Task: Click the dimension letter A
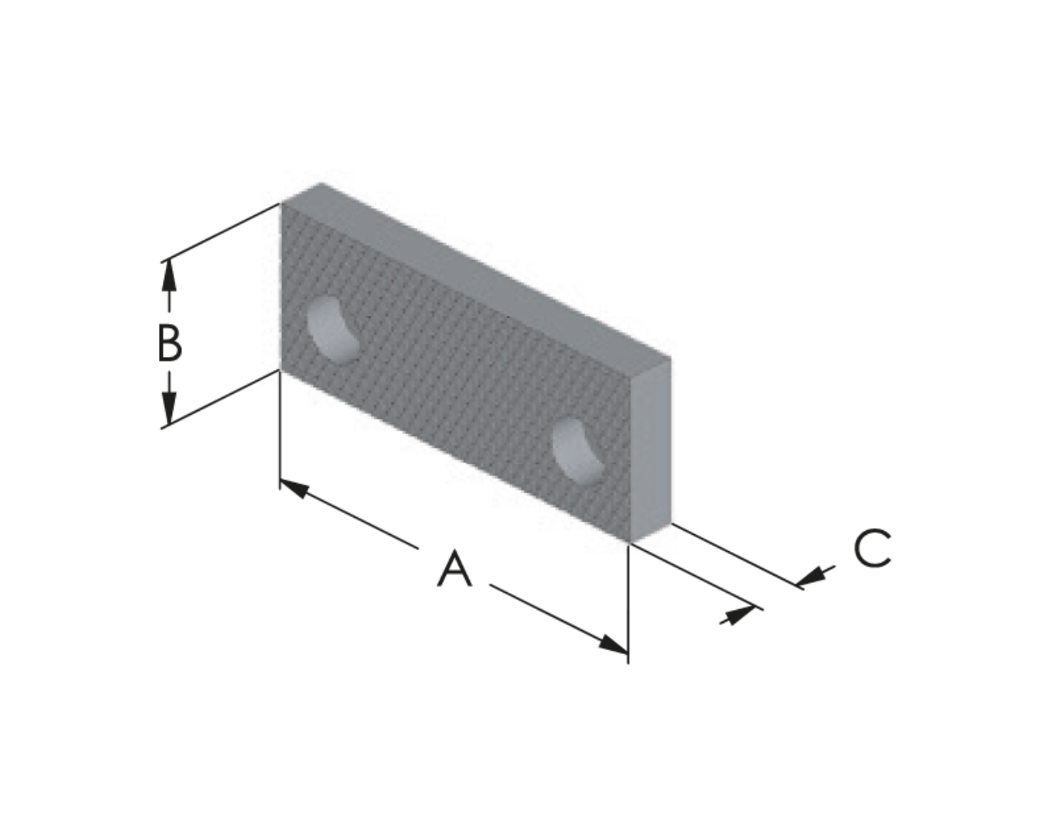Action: click(454, 568)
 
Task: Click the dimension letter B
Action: click(170, 343)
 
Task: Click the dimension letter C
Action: click(872, 548)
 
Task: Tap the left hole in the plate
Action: click(334, 330)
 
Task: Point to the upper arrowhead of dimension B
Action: click(168, 275)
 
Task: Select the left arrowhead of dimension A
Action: click(294, 488)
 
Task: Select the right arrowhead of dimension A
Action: click(613, 644)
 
